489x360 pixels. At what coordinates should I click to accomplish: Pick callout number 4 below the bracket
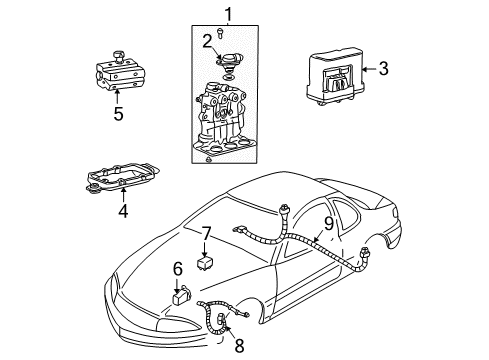point(122,210)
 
